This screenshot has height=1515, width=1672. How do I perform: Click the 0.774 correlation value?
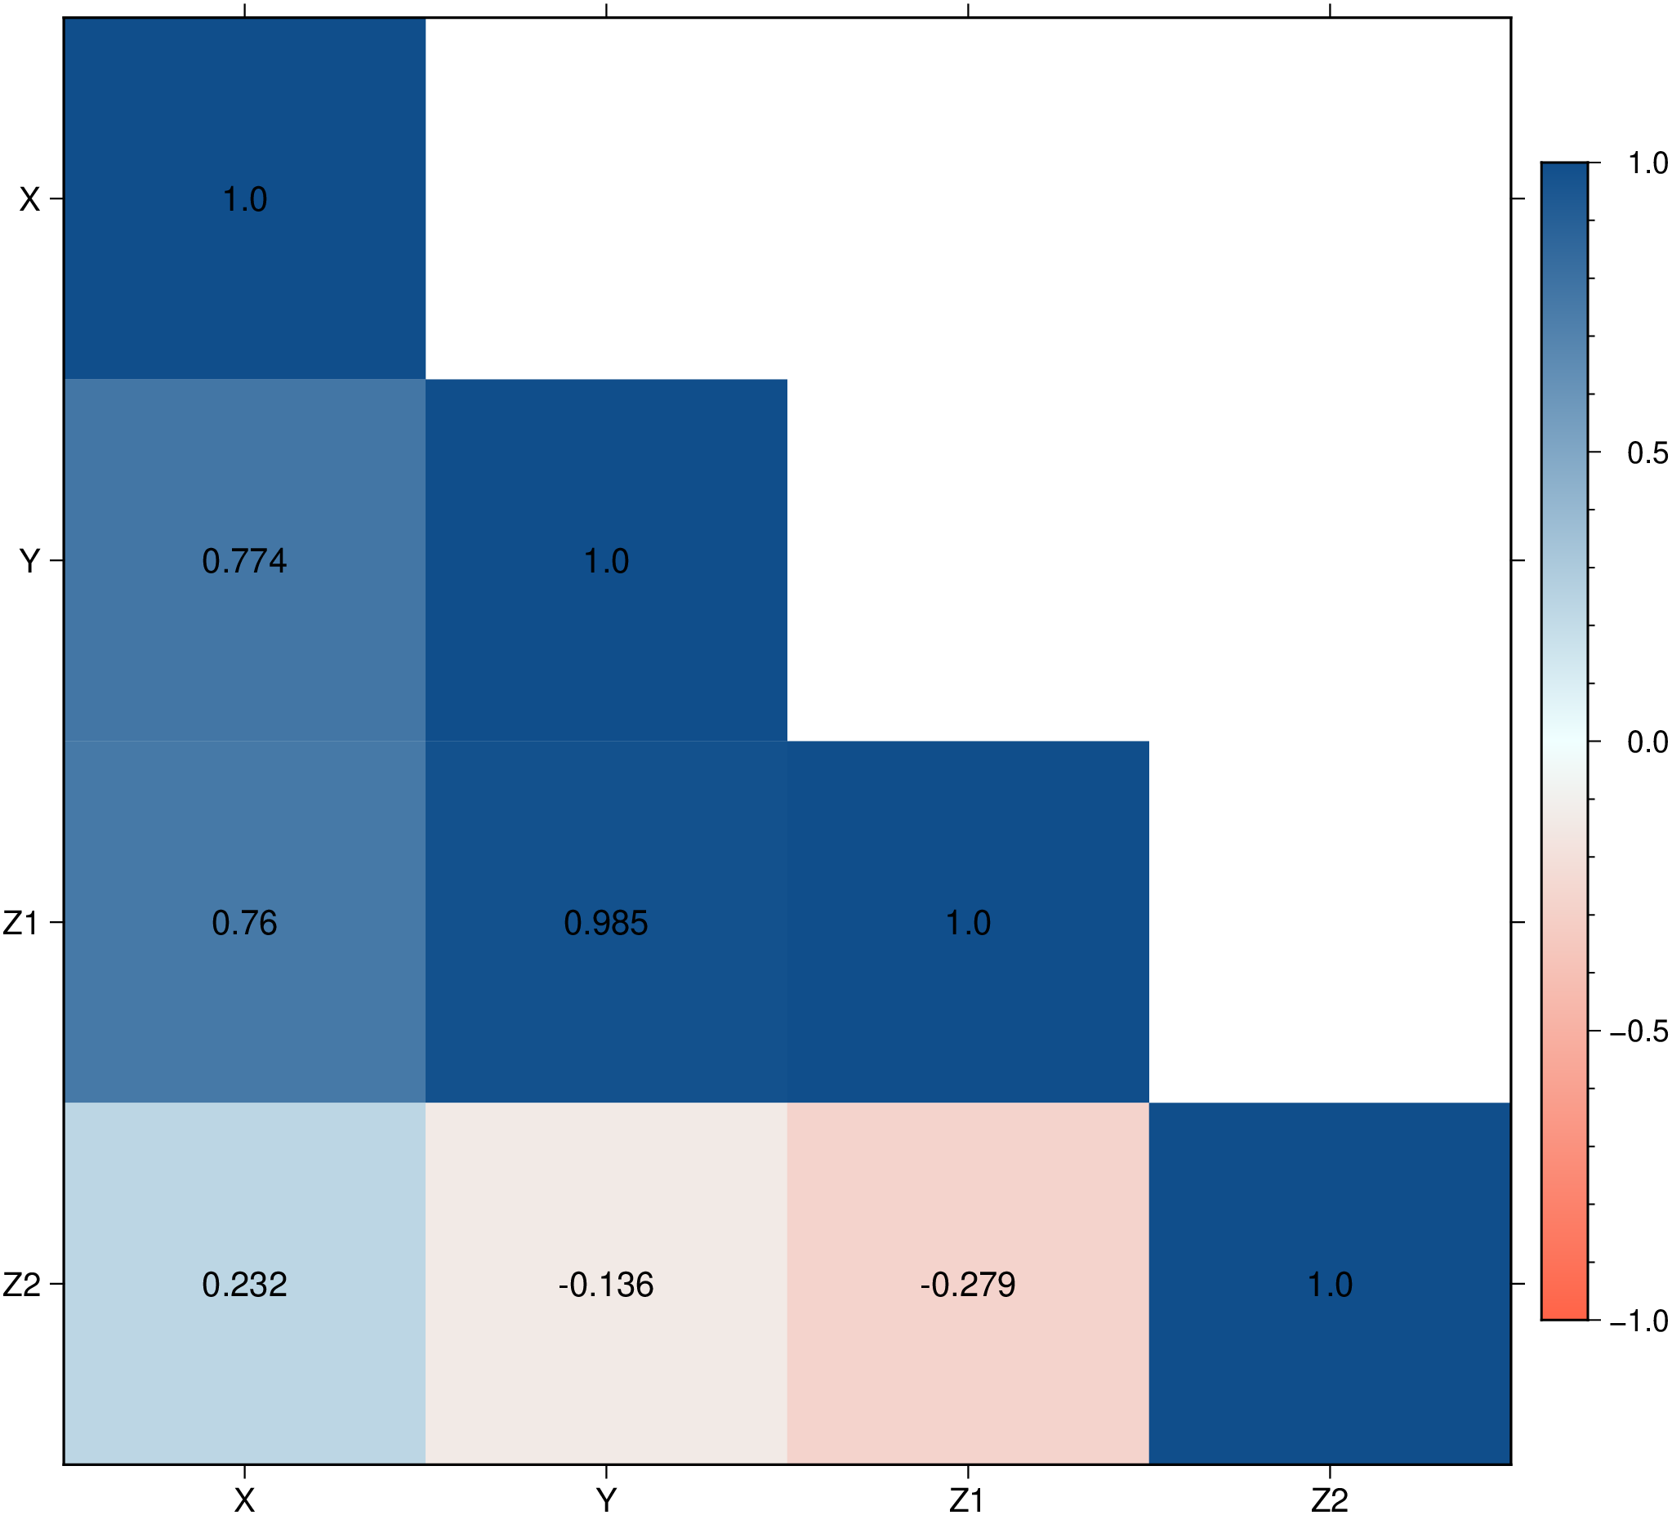click(245, 561)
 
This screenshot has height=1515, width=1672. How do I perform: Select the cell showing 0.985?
click(606, 923)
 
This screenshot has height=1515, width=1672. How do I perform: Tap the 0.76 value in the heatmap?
click(245, 923)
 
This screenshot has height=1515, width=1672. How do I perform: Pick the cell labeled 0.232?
click(245, 1285)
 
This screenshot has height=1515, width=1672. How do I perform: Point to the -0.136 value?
click(606, 1285)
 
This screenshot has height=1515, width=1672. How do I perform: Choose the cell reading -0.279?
click(968, 1285)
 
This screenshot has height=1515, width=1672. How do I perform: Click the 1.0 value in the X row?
click(245, 200)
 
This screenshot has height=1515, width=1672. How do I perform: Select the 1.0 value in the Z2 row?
click(1330, 1285)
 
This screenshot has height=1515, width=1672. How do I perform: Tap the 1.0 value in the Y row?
click(606, 561)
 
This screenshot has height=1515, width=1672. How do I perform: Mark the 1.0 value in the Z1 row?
click(968, 923)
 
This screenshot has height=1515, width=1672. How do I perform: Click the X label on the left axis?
click(30, 200)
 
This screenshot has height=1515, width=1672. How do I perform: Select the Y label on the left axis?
click(30, 561)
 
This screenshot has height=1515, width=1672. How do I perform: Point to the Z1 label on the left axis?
click(21, 923)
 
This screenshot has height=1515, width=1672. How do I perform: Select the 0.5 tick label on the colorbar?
click(1647, 452)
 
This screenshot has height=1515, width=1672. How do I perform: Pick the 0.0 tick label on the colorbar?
click(1647, 742)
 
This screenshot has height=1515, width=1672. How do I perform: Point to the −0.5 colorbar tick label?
click(1639, 1032)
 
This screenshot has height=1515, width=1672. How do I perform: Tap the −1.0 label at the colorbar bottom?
click(1639, 1321)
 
